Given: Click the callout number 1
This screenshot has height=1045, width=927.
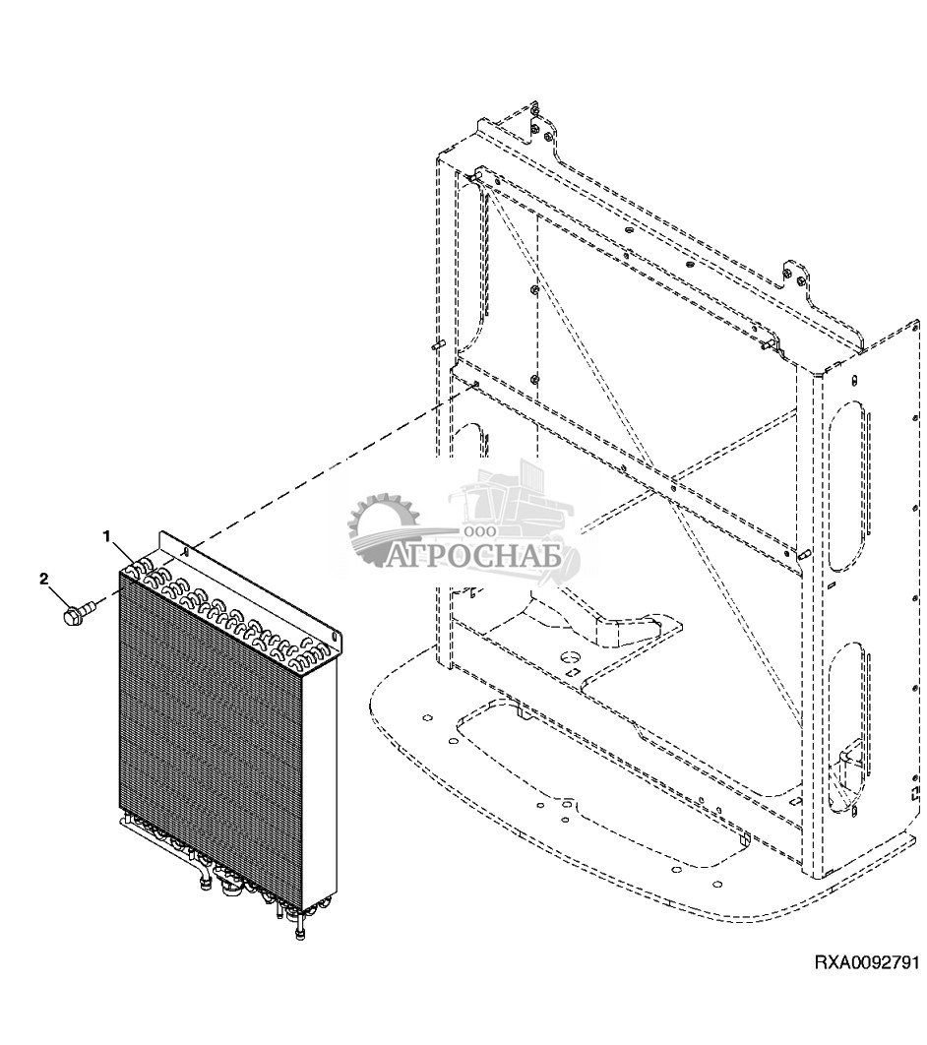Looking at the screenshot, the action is click(105, 535).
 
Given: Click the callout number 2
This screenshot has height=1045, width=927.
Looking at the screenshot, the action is click(44, 580).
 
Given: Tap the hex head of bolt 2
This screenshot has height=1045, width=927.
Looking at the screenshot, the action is click(70, 615).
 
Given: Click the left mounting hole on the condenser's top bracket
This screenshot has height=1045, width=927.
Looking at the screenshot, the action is click(186, 550).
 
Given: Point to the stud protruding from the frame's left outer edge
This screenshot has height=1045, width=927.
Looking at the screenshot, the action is click(439, 346).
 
